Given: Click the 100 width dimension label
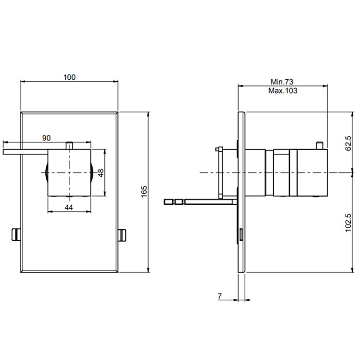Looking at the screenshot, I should [x=69, y=77].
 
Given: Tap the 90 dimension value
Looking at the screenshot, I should [x=46, y=138].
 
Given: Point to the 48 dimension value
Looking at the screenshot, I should [x=101, y=173].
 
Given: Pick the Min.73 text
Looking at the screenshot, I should [x=282, y=82].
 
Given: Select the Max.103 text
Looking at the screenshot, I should [x=282, y=90].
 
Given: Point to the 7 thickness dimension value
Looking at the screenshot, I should [x=220, y=296].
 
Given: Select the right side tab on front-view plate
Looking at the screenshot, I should [x=122, y=235].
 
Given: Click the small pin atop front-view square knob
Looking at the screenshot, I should [x=69, y=146].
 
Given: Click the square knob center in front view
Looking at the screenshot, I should [x=69, y=173].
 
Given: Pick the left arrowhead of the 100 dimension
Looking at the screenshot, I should [x=22, y=81].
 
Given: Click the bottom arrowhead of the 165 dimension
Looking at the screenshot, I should [x=148, y=269].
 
